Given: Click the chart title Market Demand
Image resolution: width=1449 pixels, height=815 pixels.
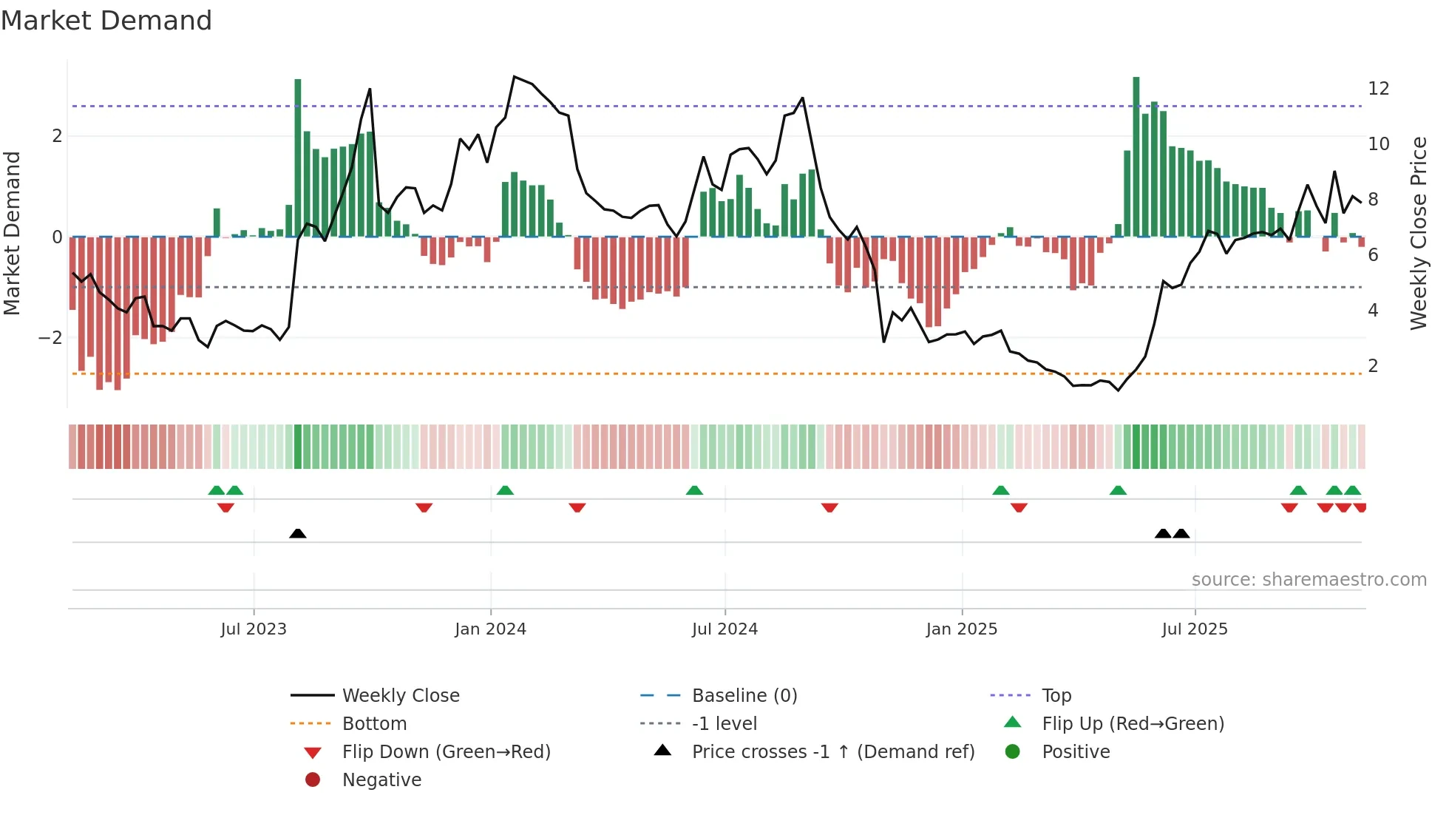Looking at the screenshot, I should (106, 21).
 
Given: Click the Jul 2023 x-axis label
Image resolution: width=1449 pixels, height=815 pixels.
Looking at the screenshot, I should (254, 629).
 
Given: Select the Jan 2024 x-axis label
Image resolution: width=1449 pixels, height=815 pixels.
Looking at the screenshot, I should (490, 629).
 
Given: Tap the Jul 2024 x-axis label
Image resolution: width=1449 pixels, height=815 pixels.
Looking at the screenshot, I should (724, 629).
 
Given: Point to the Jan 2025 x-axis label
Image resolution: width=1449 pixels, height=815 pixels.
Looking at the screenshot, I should (961, 629).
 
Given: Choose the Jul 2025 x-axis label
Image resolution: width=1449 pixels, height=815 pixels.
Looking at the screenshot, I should (1194, 629).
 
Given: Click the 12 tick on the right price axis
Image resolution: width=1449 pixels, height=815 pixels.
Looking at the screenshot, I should (1378, 89).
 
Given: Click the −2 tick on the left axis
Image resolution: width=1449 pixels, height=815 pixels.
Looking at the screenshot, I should (50, 338).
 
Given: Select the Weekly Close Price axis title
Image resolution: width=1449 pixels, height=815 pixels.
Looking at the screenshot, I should (1418, 233).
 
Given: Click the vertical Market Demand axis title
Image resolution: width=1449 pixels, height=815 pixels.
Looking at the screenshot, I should (12, 233).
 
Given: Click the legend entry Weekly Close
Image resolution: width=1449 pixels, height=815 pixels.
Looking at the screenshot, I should (400, 696).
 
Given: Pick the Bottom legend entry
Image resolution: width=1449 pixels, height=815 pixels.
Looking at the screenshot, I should (374, 724).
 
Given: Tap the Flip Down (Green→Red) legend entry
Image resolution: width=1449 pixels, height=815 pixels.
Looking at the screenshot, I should (446, 752).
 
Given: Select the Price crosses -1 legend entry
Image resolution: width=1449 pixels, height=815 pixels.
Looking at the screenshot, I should (832, 752).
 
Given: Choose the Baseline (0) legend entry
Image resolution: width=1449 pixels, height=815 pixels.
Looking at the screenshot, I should (744, 696).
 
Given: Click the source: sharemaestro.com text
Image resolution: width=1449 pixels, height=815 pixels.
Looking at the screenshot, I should (1309, 580).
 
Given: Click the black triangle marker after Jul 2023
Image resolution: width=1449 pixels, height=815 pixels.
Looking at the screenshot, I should (298, 533).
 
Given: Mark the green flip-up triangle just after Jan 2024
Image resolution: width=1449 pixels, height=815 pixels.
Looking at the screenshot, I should (505, 490).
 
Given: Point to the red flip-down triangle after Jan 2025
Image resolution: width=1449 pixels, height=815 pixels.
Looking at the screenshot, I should (1019, 508).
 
